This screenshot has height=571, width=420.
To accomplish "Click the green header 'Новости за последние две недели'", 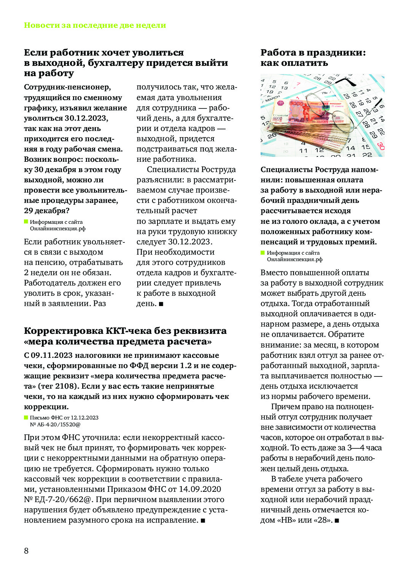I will click(x=95, y=26).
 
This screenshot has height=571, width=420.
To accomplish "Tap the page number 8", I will click(x=26, y=551).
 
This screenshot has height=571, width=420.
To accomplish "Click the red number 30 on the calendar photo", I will click(x=381, y=146).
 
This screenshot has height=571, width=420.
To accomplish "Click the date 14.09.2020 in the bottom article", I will click(x=200, y=489).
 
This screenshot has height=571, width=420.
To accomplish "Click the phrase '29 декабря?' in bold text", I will click(x=47, y=211).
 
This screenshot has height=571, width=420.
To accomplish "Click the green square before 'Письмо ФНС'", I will click(x=26, y=418).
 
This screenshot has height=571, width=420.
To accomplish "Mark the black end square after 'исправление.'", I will click(x=203, y=520).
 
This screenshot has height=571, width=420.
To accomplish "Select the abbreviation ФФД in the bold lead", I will click(x=140, y=365).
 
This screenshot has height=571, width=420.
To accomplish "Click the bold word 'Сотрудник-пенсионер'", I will click(x=67, y=87).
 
